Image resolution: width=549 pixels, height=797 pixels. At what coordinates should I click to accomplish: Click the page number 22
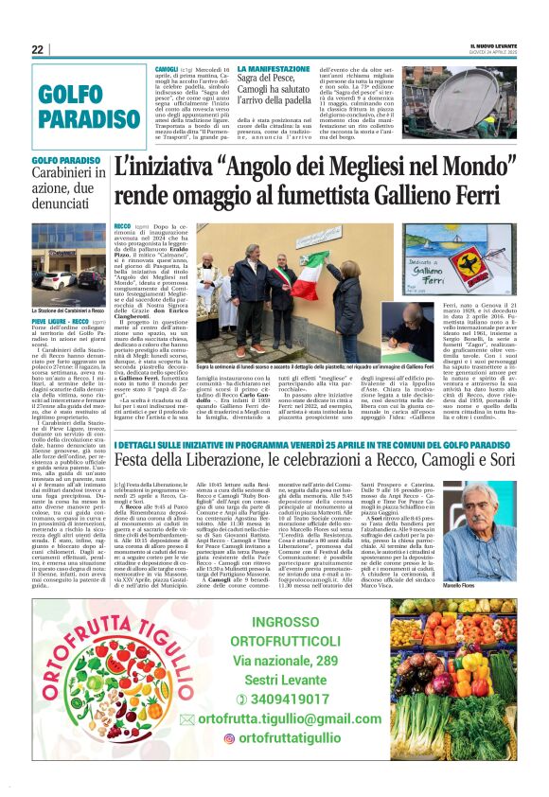[38, 49]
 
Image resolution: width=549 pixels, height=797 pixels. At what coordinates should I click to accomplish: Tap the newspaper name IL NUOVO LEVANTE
[494, 45]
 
